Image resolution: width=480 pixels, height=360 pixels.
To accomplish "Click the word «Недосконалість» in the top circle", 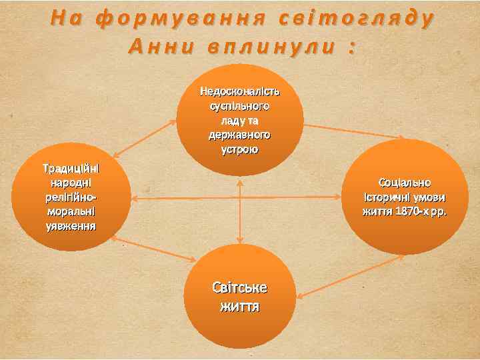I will click(x=240, y=91).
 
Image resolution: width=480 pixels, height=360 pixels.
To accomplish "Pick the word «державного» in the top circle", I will click(x=240, y=135).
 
